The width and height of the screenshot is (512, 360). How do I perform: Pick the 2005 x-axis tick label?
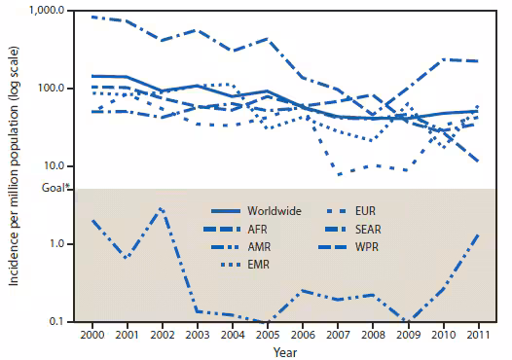tap(266, 334)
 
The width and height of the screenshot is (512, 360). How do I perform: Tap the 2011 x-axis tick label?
tap(477, 334)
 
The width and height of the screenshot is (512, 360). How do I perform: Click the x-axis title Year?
tap(283, 351)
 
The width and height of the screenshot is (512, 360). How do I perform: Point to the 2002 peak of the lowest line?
tap(162, 208)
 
